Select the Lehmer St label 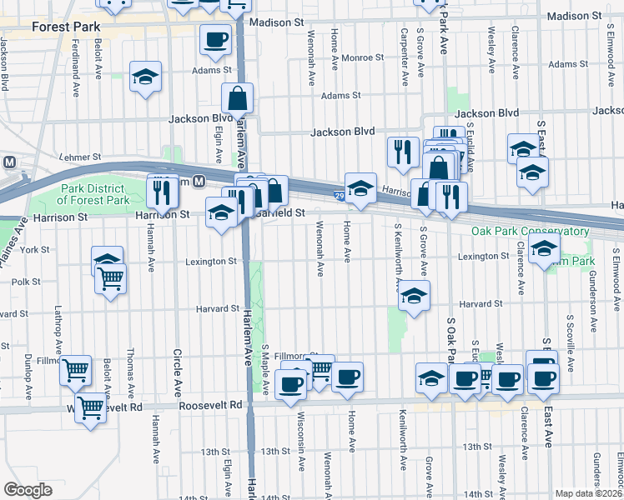(x=80, y=156)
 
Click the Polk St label (x=26, y=282)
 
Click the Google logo (x=28, y=489)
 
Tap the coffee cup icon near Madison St (x=215, y=38)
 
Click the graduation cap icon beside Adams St (x=146, y=77)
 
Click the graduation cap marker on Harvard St (x=413, y=296)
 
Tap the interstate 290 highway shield (x=340, y=195)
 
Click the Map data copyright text (x=588, y=493)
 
